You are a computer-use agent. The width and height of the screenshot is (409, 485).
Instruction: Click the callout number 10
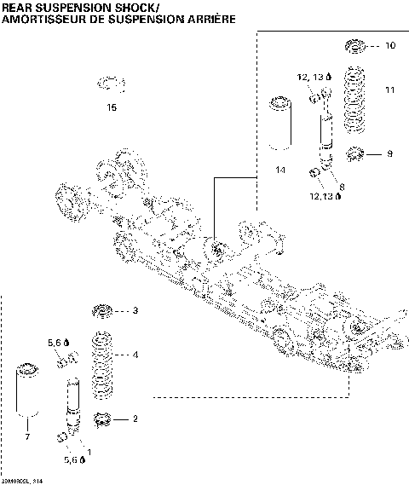tap(390, 45)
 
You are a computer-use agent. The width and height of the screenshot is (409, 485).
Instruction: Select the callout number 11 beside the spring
tap(390, 89)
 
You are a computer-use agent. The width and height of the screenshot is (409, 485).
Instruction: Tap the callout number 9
tap(389, 153)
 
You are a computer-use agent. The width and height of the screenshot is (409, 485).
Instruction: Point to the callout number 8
tap(342, 186)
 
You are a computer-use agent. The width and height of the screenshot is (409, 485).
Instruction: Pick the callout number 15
tap(112, 107)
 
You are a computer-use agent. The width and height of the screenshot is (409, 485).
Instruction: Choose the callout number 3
tap(135, 311)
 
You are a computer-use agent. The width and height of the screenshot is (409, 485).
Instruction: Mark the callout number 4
tap(135, 355)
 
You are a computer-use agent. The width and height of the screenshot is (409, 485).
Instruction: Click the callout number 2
tap(135, 419)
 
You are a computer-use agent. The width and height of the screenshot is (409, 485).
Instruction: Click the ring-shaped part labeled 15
tap(112, 84)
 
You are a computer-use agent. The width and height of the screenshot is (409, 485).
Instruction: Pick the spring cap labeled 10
tap(355, 45)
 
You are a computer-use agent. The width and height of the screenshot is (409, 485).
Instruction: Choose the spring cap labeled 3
tap(103, 310)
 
